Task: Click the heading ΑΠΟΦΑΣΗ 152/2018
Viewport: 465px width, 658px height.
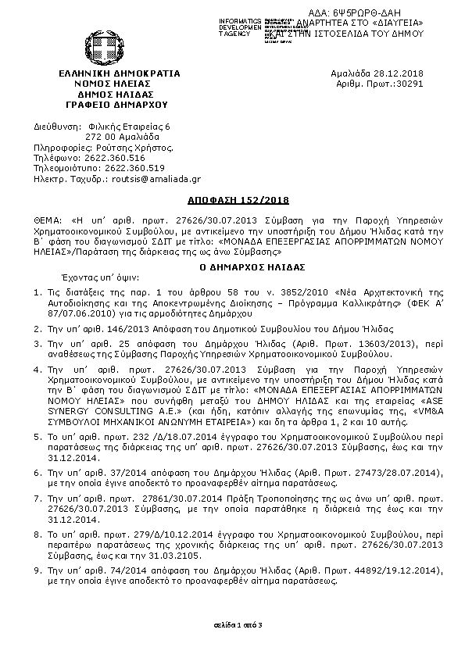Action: (x=232, y=200)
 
